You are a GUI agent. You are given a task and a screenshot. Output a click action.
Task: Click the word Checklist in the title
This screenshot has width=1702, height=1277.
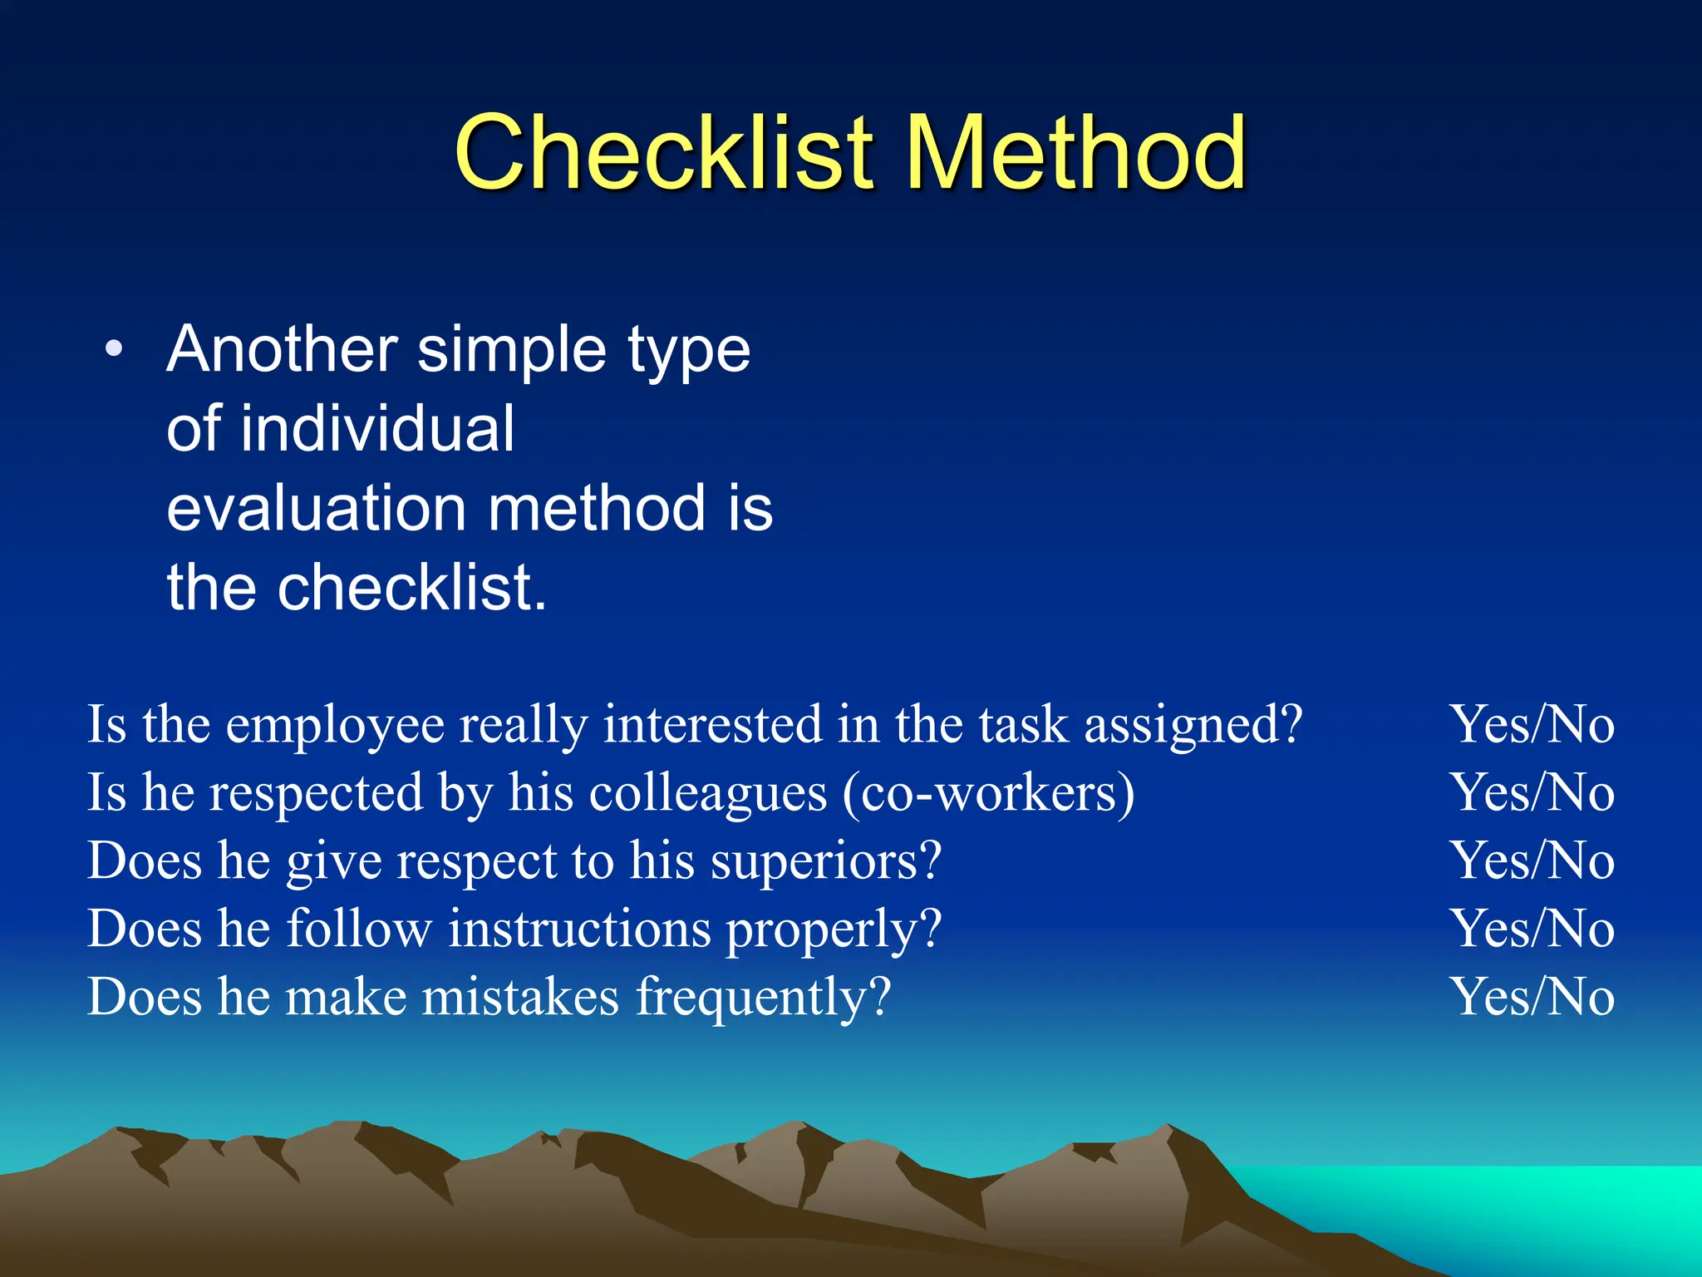point(666,154)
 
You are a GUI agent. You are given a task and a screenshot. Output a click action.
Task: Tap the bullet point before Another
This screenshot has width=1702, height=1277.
point(114,349)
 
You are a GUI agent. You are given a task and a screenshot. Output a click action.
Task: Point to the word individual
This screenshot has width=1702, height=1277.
point(378,429)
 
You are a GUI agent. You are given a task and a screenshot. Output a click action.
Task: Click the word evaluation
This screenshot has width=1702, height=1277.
point(316,508)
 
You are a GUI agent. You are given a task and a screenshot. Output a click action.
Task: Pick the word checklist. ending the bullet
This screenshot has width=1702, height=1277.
point(411,588)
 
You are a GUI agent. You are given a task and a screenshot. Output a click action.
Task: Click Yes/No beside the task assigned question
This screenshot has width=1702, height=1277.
point(1532,725)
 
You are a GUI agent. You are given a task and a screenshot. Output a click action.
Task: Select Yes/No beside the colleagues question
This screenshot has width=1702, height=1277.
point(1532,792)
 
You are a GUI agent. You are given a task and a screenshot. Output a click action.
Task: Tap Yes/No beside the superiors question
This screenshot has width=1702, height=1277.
point(1532,860)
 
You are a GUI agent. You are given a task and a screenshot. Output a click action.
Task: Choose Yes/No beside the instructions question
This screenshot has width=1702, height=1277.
point(1532,929)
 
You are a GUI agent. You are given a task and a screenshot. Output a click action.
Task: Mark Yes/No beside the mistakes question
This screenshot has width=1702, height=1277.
point(1532,997)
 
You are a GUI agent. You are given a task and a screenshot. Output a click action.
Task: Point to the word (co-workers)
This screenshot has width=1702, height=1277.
point(988,793)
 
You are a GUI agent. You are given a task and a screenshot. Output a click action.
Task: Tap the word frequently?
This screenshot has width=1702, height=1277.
point(763,998)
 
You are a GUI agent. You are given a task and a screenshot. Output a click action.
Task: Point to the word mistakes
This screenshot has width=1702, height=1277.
point(520,997)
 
